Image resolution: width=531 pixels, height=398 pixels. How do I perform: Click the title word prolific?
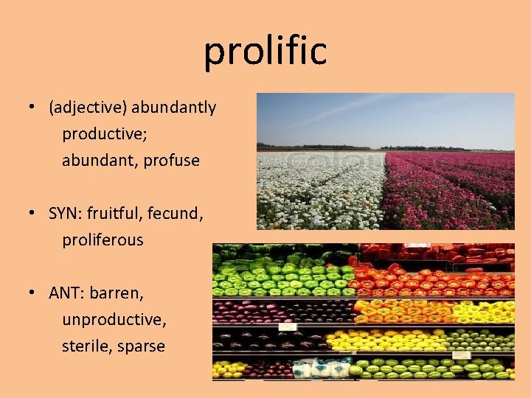tap(265, 52)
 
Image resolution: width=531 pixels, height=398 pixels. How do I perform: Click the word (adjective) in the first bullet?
tap(88, 108)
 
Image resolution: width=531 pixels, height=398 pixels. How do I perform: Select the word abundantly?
tap(174, 108)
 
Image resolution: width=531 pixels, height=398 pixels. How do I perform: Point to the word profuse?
tap(172, 161)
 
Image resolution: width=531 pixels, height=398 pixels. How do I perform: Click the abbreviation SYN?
tap(66, 214)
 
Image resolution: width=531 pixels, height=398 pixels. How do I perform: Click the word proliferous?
tap(103, 240)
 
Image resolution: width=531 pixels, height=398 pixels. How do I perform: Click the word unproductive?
tap(114, 320)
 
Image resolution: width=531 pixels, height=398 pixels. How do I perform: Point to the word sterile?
tap(85, 346)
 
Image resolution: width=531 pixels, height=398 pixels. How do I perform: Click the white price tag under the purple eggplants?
tap(288, 327)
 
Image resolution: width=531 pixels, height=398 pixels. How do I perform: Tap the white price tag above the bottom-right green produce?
tap(461, 355)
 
